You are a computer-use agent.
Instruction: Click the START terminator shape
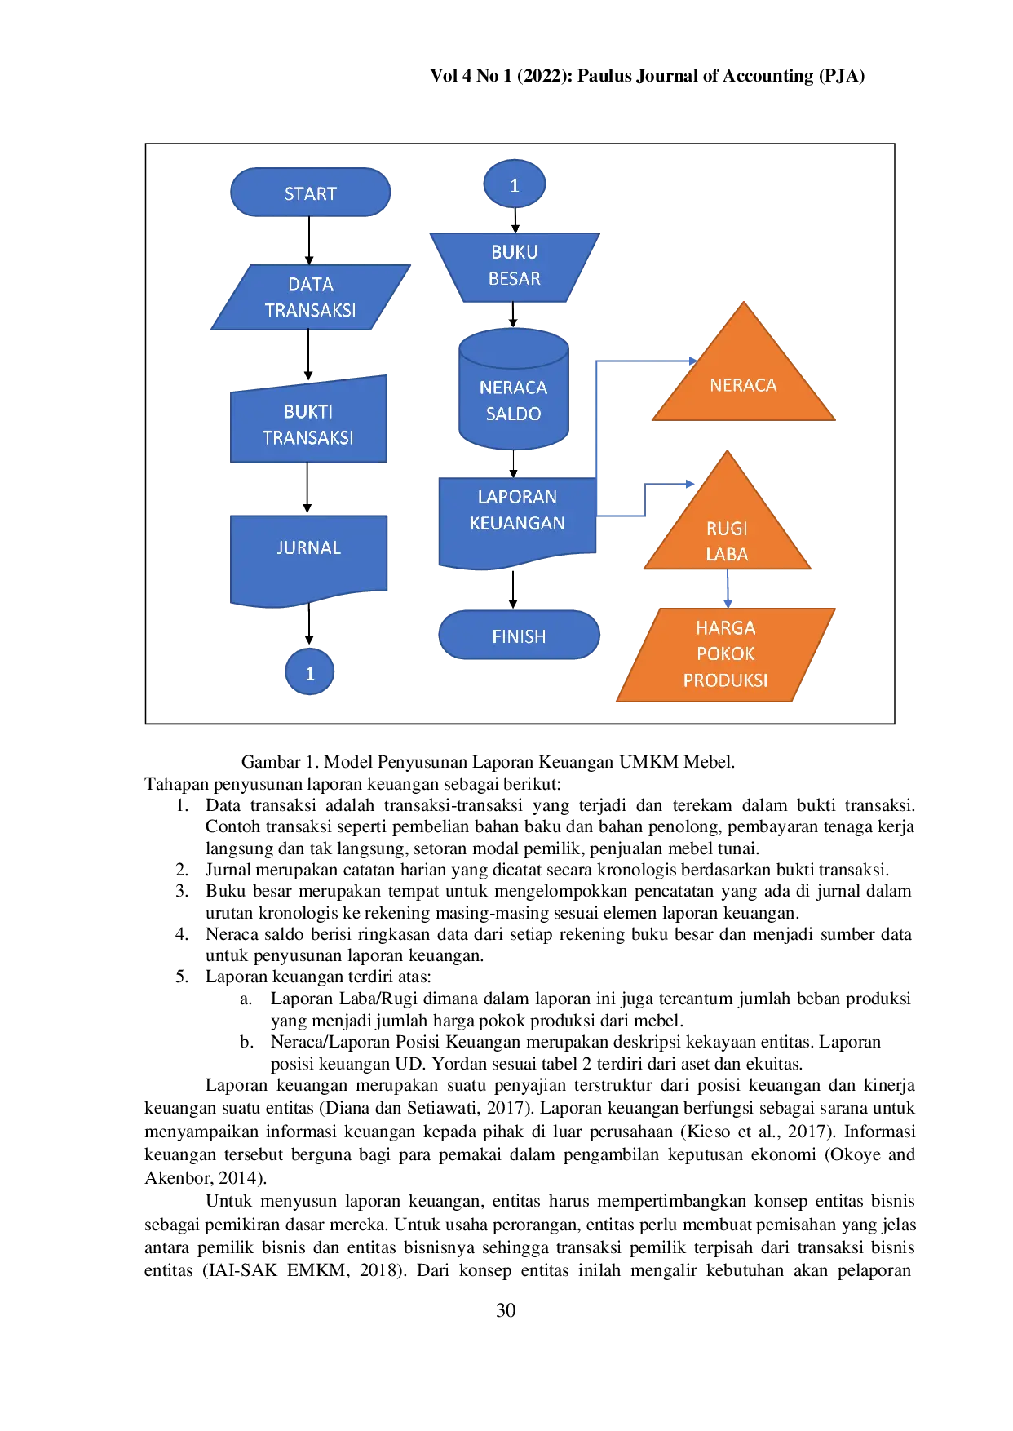(x=310, y=193)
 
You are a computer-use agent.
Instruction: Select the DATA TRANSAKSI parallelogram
(x=310, y=297)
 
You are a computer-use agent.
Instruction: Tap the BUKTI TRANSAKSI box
(x=308, y=420)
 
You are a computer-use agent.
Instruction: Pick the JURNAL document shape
(x=308, y=560)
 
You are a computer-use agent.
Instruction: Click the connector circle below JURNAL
(x=309, y=671)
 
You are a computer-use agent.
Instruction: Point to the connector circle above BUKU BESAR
(x=514, y=184)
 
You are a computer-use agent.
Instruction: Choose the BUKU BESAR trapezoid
(x=514, y=267)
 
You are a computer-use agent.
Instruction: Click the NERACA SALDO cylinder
(x=513, y=389)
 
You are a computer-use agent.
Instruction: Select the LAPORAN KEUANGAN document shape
(x=517, y=521)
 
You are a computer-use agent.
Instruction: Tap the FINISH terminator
(x=519, y=635)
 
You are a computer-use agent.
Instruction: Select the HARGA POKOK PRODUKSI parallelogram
(x=725, y=654)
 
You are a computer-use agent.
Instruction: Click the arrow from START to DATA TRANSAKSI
(x=309, y=241)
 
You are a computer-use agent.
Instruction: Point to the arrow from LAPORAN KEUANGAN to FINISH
(x=513, y=590)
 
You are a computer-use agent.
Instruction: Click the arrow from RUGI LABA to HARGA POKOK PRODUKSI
(x=728, y=589)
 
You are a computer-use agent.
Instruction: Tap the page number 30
(x=506, y=1309)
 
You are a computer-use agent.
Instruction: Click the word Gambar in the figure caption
(x=271, y=762)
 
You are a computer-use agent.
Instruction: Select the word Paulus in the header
(x=604, y=76)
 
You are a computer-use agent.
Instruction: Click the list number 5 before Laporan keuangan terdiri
(x=182, y=977)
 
